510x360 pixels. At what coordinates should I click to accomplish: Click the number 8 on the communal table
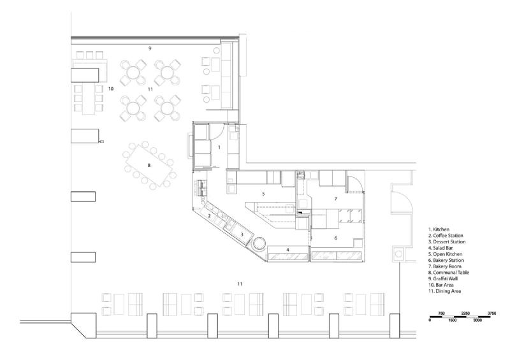coord(149,165)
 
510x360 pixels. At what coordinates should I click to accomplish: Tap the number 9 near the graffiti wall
coord(150,48)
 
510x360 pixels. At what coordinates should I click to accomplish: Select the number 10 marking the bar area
coord(111,89)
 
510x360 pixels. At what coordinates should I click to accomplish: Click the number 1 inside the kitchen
coord(219,147)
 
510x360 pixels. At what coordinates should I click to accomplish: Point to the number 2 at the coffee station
coord(208,216)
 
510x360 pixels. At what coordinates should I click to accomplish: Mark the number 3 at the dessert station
coord(242,234)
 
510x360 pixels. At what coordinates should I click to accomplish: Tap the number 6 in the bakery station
coord(335,238)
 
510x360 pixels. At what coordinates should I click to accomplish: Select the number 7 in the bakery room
coord(335,199)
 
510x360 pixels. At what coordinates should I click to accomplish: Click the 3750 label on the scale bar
coord(492,313)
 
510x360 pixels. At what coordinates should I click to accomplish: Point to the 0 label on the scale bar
coord(430,320)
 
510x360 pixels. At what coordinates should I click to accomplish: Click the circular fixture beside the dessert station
coord(260,243)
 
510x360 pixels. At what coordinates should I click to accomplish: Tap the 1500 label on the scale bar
coord(452,320)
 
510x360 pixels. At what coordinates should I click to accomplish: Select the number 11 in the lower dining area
coord(240,283)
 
